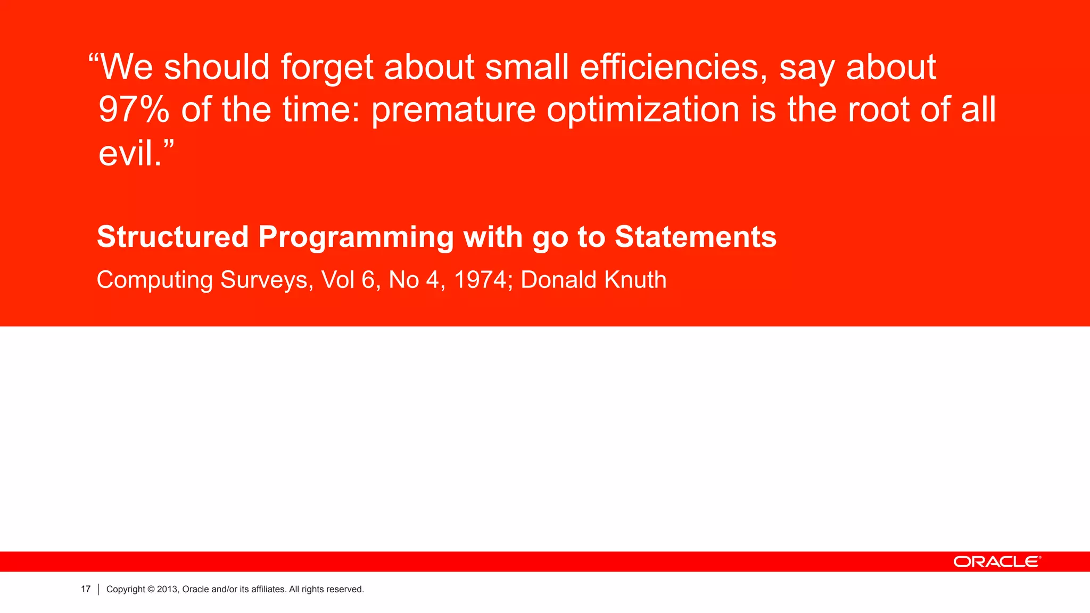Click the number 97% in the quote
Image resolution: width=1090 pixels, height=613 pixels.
(134, 110)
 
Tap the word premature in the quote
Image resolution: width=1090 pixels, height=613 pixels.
(453, 110)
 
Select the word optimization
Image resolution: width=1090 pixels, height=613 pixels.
(643, 110)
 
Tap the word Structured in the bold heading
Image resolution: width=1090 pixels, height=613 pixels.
(172, 237)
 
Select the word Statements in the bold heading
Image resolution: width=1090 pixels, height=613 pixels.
(696, 237)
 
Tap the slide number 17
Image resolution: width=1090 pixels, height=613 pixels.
(86, 589)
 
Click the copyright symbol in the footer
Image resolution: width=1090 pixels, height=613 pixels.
(151, 589)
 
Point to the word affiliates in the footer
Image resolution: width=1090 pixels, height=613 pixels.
(268, 589)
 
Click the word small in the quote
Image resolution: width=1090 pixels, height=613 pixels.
(527, 68)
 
